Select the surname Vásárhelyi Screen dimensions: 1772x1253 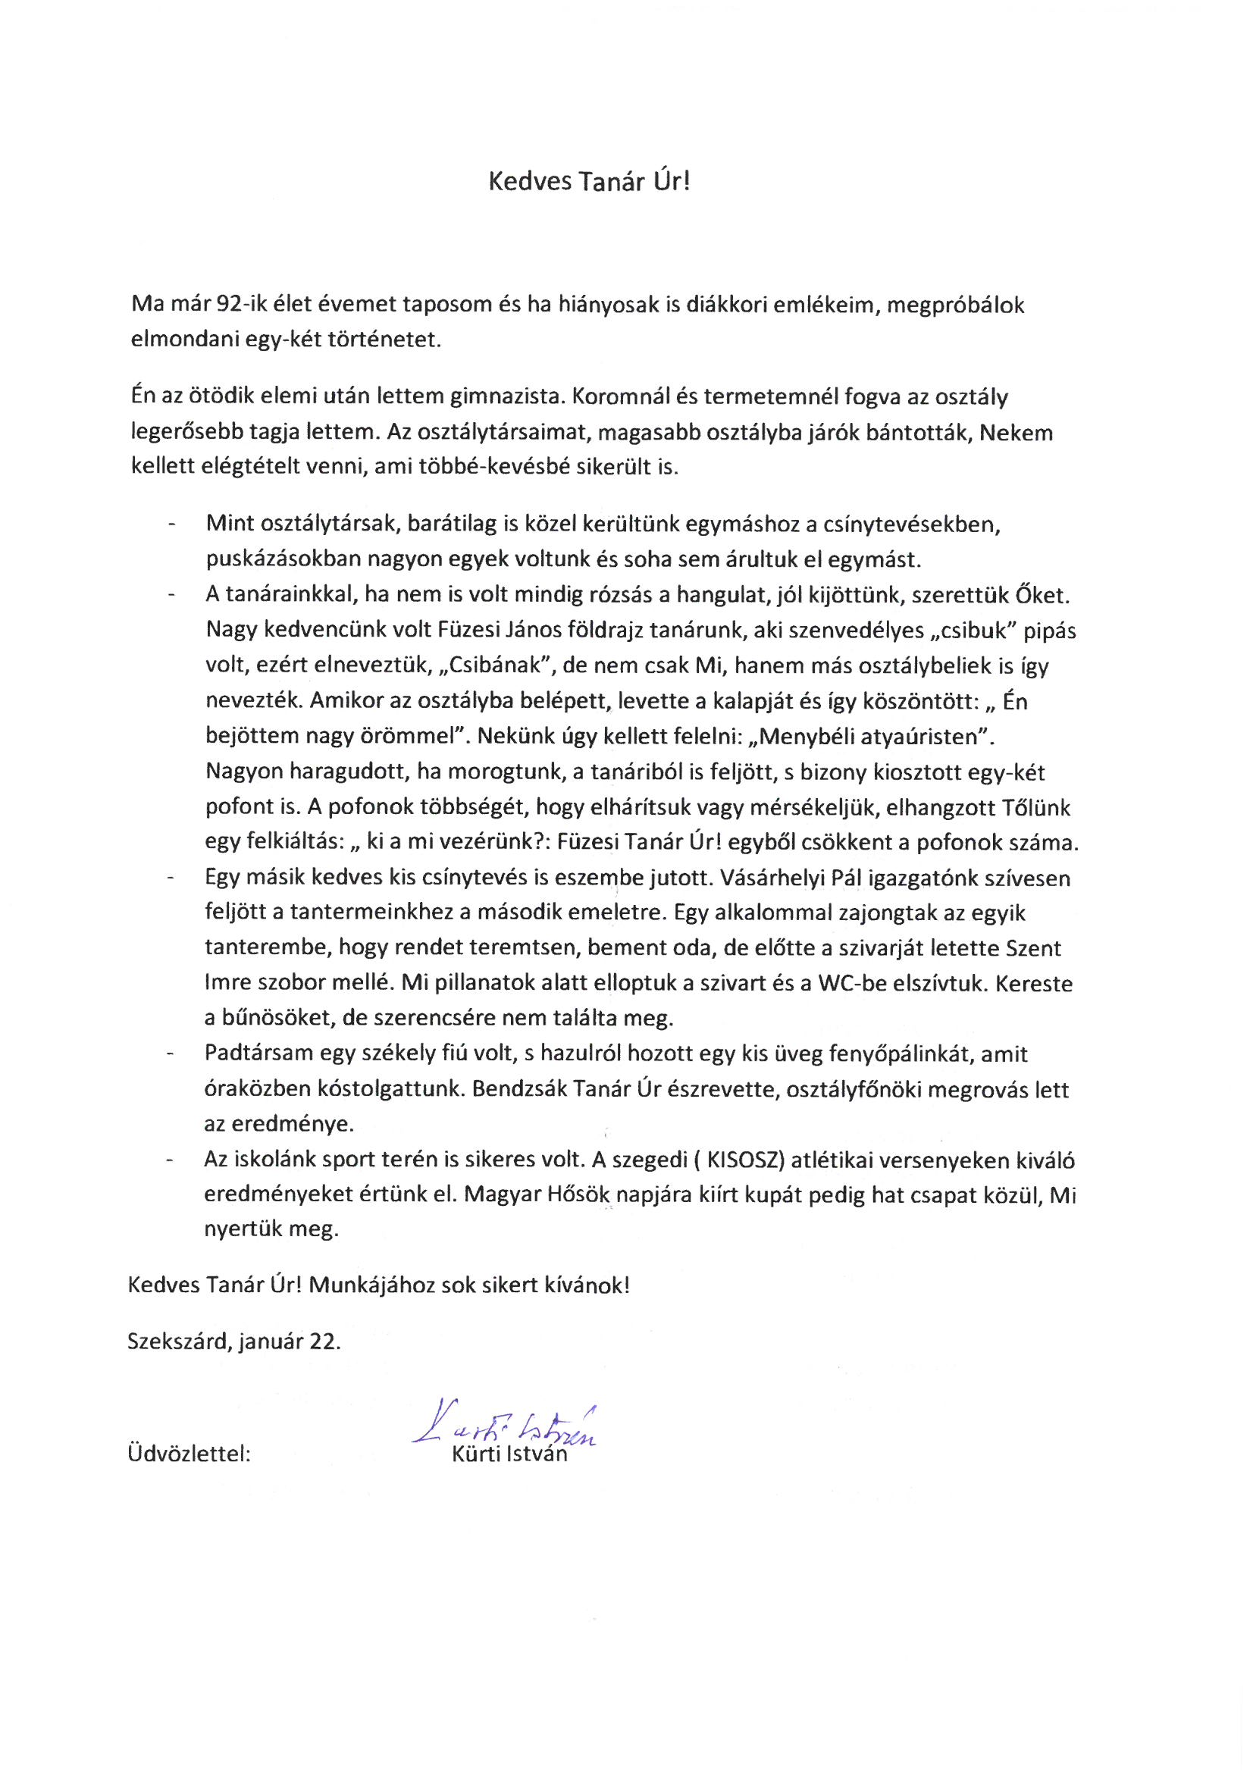800,879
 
